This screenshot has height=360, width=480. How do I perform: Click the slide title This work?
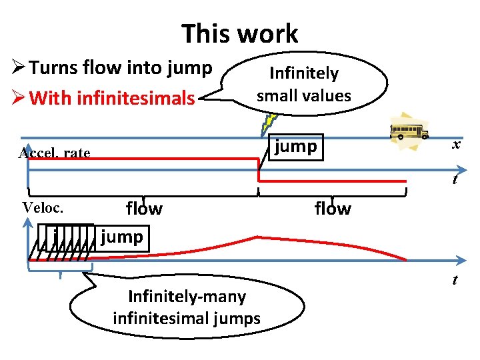[x=239, y=33]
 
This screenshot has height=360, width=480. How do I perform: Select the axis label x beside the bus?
[x=455, y=145]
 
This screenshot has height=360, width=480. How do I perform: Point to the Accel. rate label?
[x=54, y=153]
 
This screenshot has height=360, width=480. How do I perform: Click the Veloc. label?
[x=43, y=207]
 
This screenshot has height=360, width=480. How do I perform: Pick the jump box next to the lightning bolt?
[x=296, y=147]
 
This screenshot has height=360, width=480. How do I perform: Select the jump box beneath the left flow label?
[x=122, y=237]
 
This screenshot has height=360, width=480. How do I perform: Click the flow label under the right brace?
[x=332, y=209]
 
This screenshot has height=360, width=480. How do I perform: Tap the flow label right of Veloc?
[x=144, y=209]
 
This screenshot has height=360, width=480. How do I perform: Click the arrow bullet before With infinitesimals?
[x=18, y=99]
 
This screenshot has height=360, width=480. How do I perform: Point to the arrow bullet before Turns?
[x=18, y=67]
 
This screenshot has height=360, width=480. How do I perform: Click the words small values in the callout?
[x=303, y=95]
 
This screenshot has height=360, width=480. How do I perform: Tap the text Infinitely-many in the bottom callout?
[x=187, y=296]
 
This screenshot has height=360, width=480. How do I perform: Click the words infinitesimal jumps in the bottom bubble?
[x=187, y=318]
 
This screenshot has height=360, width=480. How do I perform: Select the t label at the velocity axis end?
[x=455, y=280]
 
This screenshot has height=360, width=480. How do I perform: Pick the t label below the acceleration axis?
[x=455, y=179]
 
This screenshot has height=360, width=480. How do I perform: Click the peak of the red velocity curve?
[x=257, y=237]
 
